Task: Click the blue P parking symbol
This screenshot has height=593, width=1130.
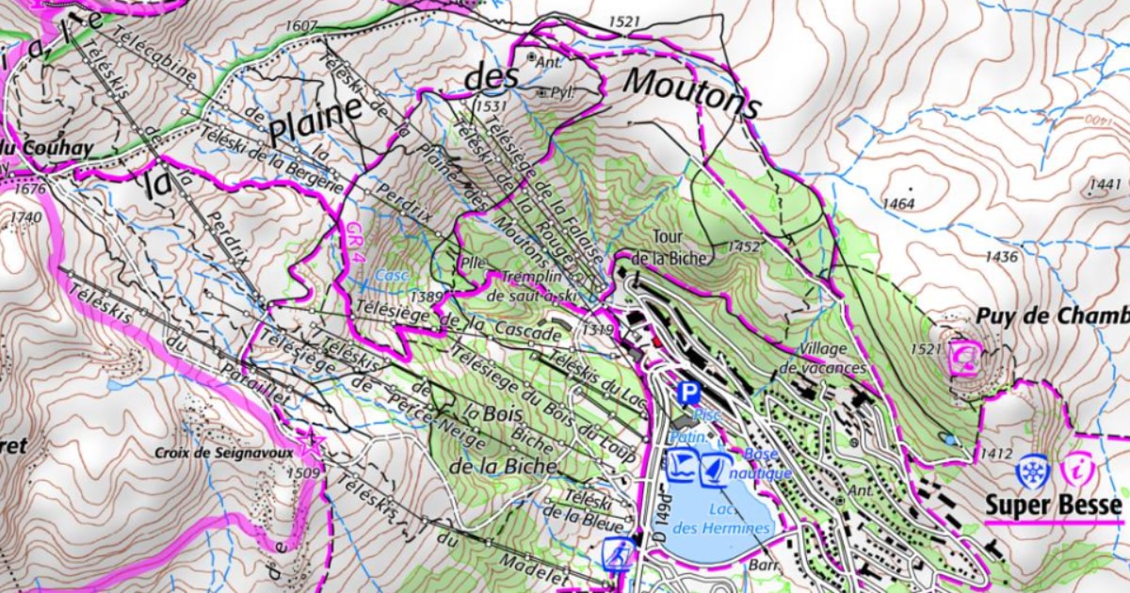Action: click(690, 393)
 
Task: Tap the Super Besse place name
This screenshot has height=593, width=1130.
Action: click(1053, 506)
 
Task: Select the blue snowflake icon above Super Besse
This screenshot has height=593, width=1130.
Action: click(1033, 471)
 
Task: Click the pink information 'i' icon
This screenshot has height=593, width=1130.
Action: click(1076, 470)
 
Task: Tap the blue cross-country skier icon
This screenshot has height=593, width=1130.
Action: click(618, 554)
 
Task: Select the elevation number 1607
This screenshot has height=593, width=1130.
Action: click(299, 25)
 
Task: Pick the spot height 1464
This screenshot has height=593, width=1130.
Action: click(898, 203)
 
